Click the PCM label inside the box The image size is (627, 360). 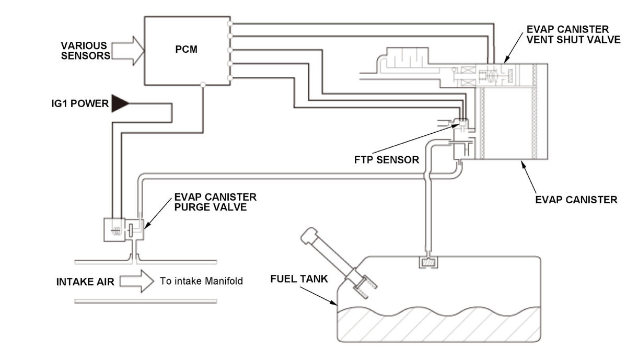pyautogui.click(x=186, y=49)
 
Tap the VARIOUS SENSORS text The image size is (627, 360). pyautogui.click(x=85, y=51)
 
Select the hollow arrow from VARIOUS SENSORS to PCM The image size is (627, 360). pyautogui.click(x=128, y=51)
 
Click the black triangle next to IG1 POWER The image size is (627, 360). pyautogui.click(x=120, y=103)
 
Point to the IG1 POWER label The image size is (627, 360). pyautogui.click(x=80, y=103)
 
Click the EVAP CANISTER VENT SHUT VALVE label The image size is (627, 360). pyautogui.click(x=574, y=34)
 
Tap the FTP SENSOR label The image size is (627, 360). pyautogui.click(x=387, y=160)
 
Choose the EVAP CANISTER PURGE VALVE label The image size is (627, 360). pyautogui.click(x=215, y=202)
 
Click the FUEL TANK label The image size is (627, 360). pyautogui.click(x=299, y=279)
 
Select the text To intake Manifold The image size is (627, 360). pyautogui.click(x=201, y=281)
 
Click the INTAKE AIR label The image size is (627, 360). pyautogui.click(x=85, y=282)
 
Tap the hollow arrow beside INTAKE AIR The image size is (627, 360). pyautogui.click(x=137, y=281)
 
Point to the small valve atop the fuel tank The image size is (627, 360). pyautogui.click(x=428, y=263)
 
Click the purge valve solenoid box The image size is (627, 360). pyautogui.click(x=114, y=230)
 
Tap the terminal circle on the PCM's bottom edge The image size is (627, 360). pyautogui.click(x=203, y=85)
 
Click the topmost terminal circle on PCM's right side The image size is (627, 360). pyautogui.click(x=230, y=24)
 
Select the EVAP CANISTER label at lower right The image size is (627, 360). pyautogui.click(x=576, y=200)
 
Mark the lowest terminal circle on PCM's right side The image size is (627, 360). pyautogui.click(x=230, y=78)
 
